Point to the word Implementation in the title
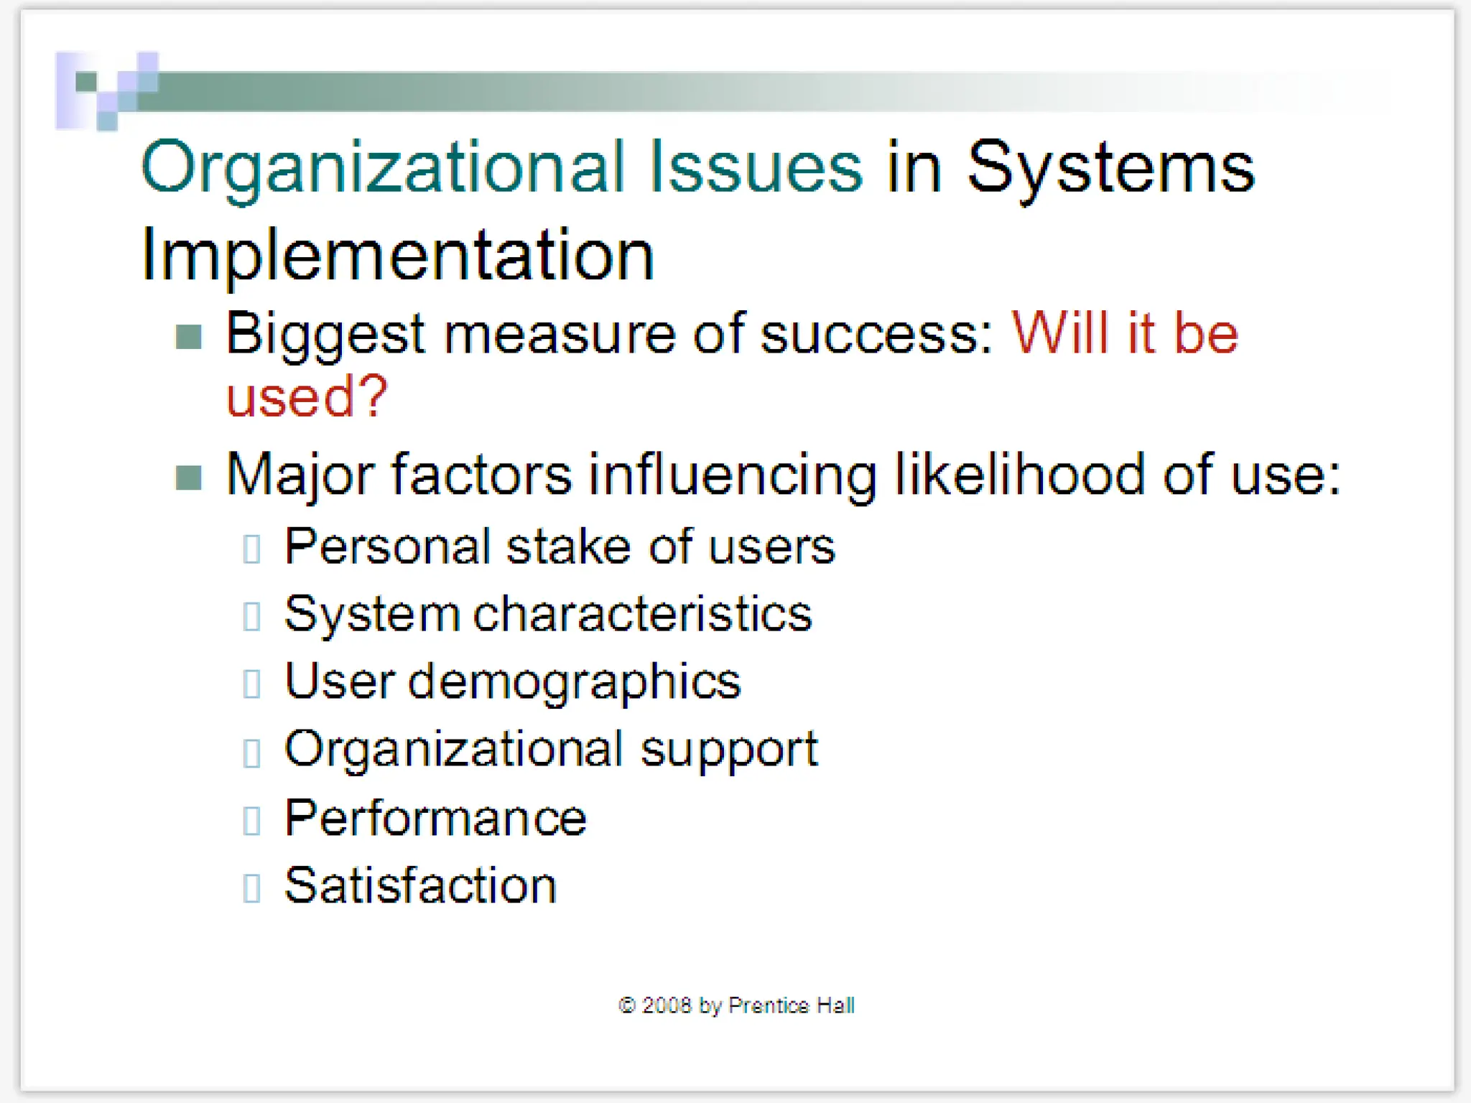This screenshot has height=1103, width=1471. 397,255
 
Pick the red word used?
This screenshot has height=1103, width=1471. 307,396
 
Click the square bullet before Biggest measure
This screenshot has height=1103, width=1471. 189,336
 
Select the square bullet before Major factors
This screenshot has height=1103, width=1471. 189,477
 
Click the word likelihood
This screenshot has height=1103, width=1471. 1019,475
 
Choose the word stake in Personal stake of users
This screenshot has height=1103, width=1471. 568,546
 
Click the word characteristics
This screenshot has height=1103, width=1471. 642,615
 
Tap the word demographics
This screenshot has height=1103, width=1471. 574,682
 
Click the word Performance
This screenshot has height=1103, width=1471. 435,818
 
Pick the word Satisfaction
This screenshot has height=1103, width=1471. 420,885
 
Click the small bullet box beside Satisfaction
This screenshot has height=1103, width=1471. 251,888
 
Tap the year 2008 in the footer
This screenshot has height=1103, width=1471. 666,1005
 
